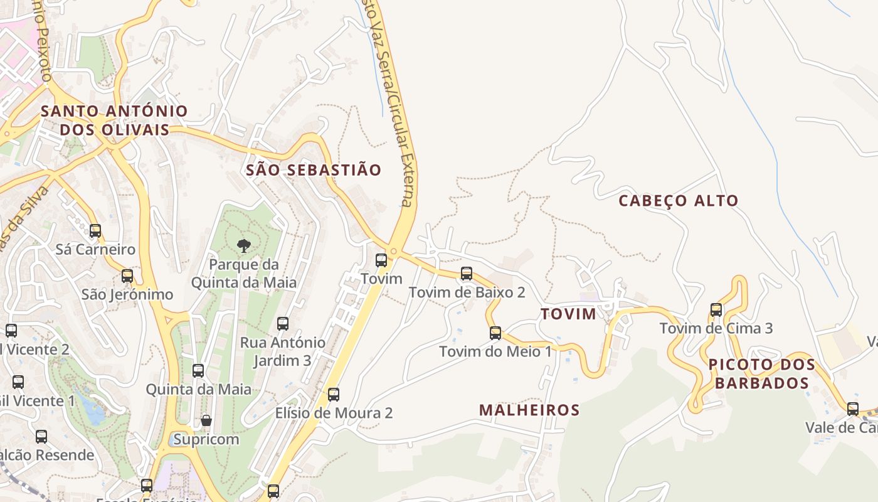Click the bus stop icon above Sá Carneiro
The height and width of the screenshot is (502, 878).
[x=95, y=230]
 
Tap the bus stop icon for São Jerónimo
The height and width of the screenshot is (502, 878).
[x=127, y=275]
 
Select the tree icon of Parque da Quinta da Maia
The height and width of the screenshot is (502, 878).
[x=243, y=245]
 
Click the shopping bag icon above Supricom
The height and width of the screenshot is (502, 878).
[x=206, y=420]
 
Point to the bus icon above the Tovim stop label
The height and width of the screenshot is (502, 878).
[x=381, y=260]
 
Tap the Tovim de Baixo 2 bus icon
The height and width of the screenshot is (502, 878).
[x=467, y=273]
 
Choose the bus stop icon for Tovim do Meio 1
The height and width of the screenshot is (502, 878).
[x=495, y=333]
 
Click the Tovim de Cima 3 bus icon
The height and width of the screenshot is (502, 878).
[x=716, y=309]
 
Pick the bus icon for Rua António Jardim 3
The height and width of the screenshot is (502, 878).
[x=283, y=323]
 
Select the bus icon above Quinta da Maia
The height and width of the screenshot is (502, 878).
[x=198, y=370]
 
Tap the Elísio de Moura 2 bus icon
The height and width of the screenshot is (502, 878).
[x=334, y=394]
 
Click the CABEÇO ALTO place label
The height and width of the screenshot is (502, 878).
[x=679, y=201]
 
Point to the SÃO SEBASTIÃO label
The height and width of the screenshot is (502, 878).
[x=314, y=170]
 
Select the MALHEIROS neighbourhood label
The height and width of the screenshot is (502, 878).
[x=529, y=410]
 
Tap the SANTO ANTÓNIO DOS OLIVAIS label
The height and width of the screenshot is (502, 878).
[x=114, y=120]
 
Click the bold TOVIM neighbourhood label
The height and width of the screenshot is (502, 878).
[x=568, y=314]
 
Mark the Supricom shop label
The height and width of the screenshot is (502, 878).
[x=206, y=439]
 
